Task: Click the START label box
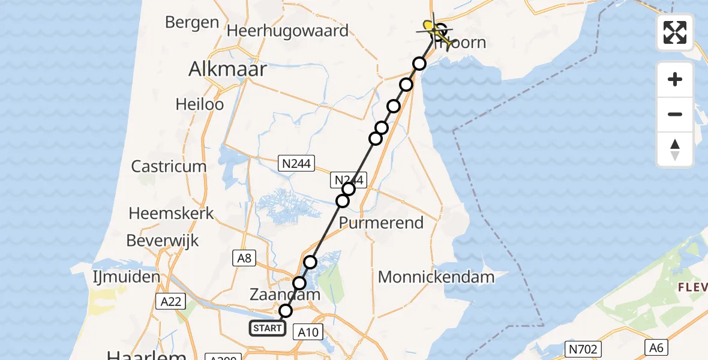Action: [x=267, y=328]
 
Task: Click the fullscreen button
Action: [x=675, y=32]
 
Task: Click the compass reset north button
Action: [x=675, y=149]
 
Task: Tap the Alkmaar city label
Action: [x=227, y=69]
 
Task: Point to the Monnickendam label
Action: [x=436, y=277]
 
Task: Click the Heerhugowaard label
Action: [x=287, y=31]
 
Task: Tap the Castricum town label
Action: [x=169, y=166]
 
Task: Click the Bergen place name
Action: [x=191, y=23]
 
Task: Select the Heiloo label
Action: [x=199, y=104]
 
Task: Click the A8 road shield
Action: [x=245, y=258]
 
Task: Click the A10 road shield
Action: [x=310, y=332]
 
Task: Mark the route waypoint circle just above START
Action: [x=286, y=311]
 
